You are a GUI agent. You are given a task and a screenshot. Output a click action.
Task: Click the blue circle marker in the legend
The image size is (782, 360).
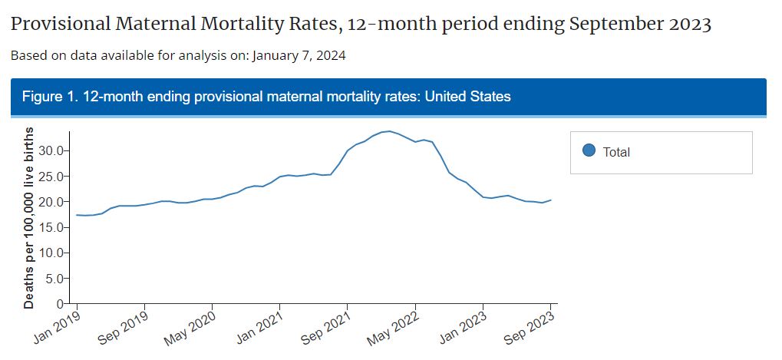tap(589, 151)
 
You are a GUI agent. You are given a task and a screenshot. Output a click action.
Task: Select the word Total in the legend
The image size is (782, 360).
tap(616, 152)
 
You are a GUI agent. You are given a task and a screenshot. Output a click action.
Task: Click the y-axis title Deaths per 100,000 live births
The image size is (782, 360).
tap(29, 218)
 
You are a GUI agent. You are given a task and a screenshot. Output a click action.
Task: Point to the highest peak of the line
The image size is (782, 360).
tap(390, 131)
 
